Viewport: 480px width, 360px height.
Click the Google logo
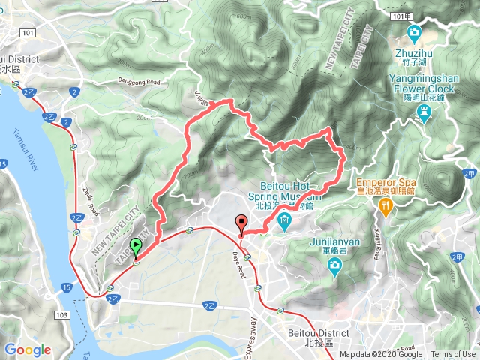28,349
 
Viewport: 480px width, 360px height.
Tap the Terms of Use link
453,355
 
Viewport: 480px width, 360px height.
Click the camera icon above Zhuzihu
413,32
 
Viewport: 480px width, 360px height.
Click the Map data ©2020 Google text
381,355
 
